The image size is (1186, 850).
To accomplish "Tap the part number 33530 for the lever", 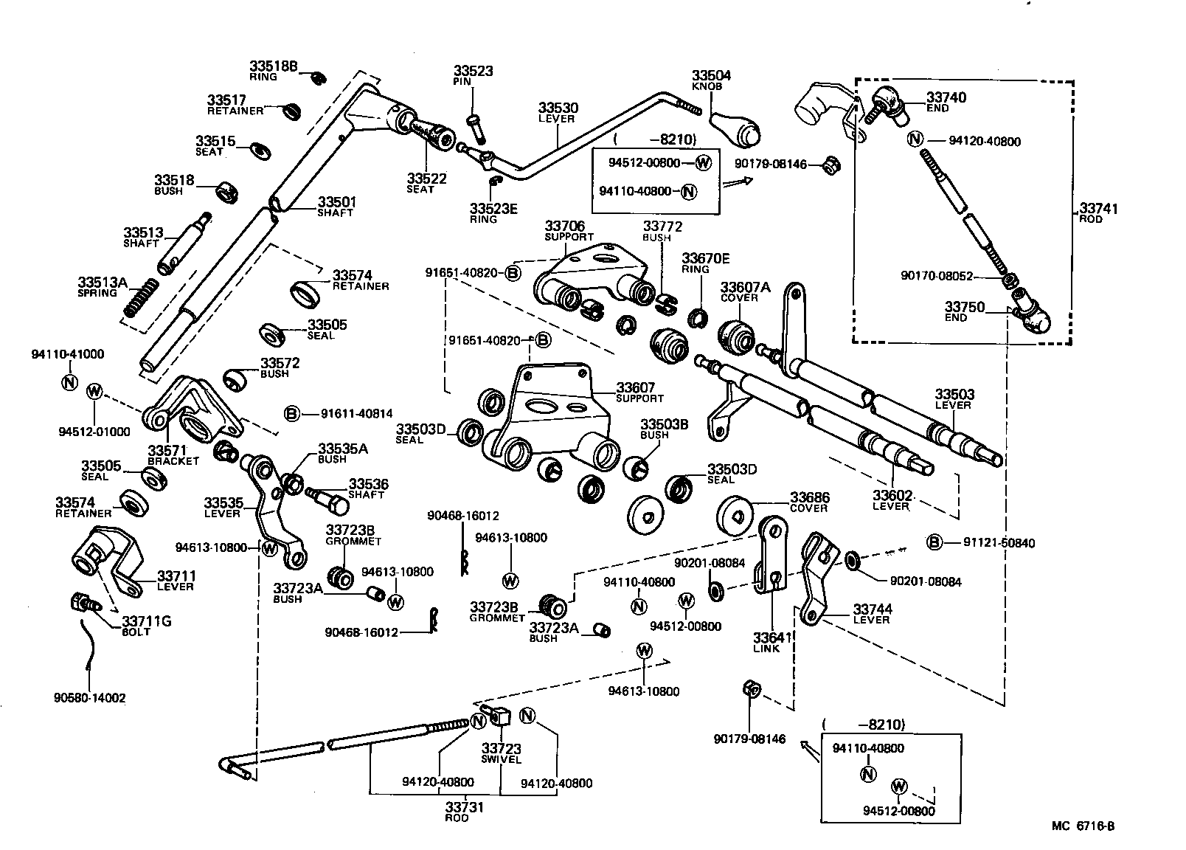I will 558,108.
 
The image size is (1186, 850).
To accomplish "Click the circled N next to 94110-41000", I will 69,383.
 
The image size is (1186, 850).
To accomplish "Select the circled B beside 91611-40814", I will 292,414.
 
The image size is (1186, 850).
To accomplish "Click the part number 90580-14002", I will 89,697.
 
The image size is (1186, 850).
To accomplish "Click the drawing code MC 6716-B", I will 1083,826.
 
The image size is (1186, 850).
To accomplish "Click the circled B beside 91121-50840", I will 934,543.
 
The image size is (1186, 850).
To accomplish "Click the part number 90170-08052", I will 937,276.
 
